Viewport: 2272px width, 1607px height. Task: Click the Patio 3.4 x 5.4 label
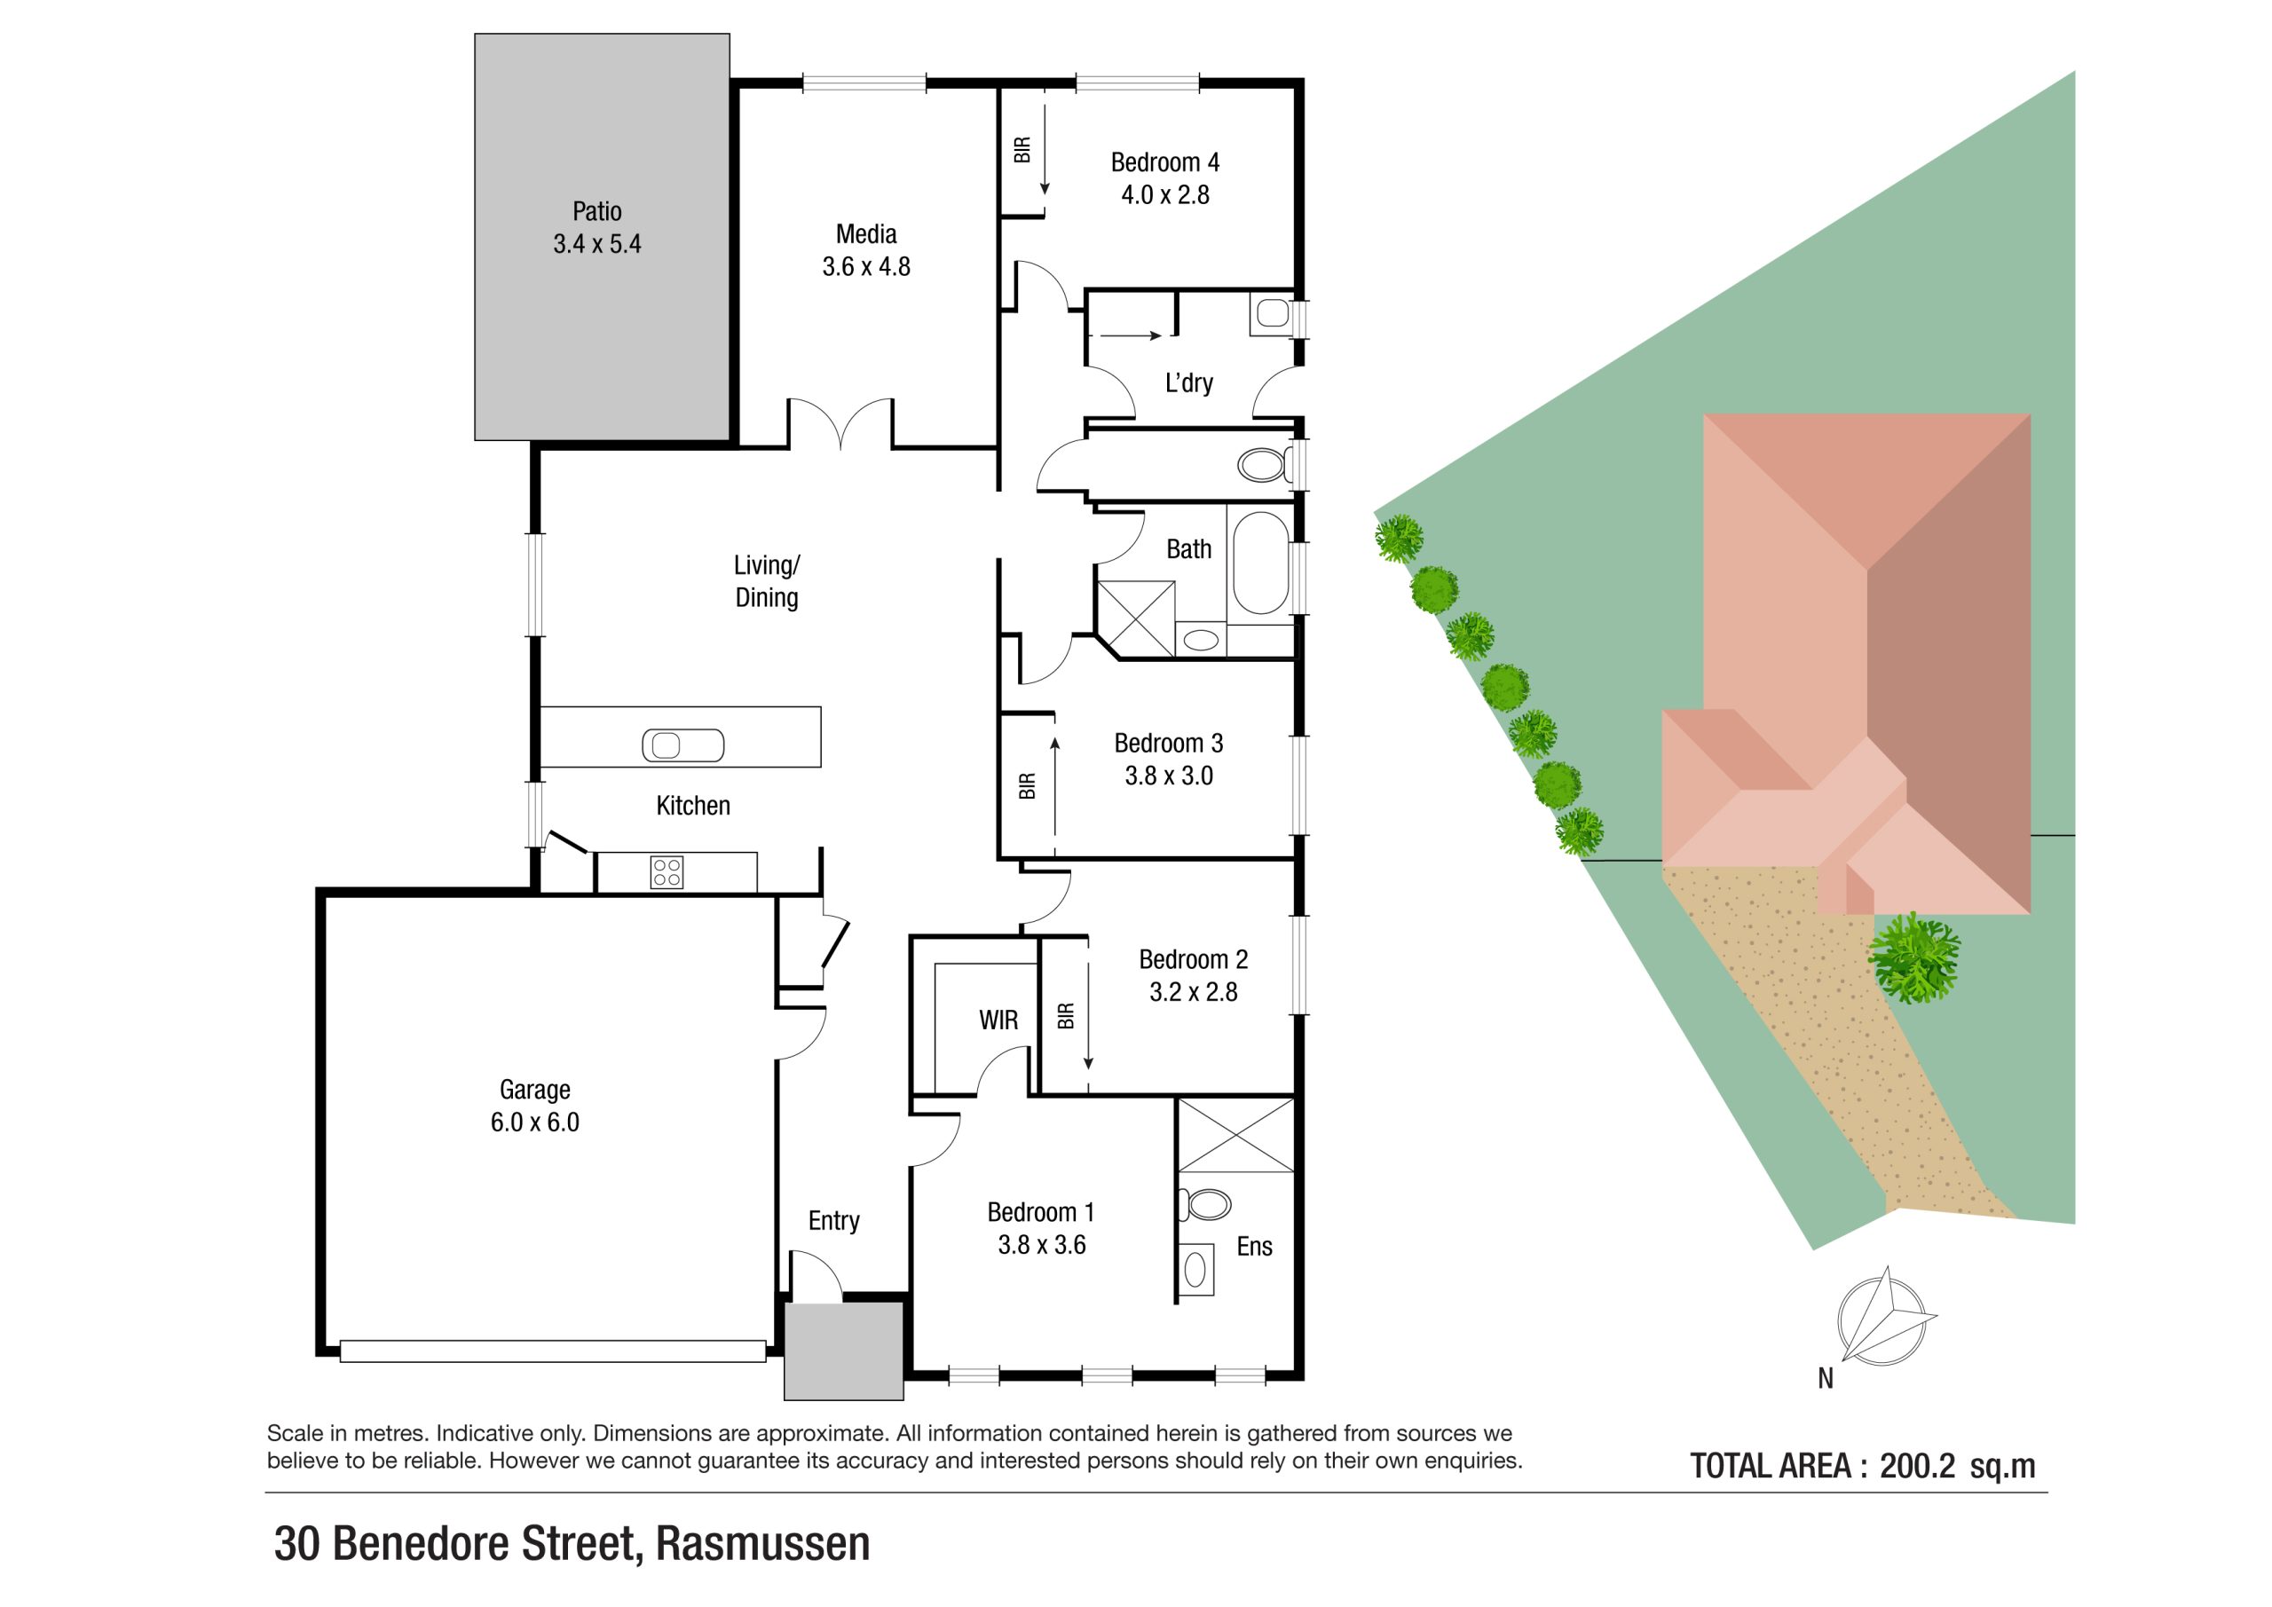596,227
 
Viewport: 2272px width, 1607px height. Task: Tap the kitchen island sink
682,745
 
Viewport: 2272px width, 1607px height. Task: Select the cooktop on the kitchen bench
667,871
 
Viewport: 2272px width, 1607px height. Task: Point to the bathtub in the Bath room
1260,562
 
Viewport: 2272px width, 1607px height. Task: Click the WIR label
998,1020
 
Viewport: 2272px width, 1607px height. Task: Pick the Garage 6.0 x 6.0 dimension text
534,1123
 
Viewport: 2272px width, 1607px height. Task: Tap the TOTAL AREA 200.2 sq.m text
1862,1466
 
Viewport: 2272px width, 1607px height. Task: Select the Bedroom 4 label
1164,162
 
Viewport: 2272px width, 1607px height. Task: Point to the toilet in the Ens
1205,1204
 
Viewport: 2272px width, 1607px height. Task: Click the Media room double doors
840,423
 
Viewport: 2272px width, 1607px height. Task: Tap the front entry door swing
816,1274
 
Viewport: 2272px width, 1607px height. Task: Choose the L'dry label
1188,383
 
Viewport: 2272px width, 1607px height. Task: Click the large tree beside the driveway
1913,957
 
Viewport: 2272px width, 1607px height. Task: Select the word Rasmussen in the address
763,1544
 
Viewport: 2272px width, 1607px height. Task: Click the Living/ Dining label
767,581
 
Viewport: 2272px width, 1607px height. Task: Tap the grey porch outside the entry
843,1351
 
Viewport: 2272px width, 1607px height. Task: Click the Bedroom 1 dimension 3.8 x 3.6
1041,1245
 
